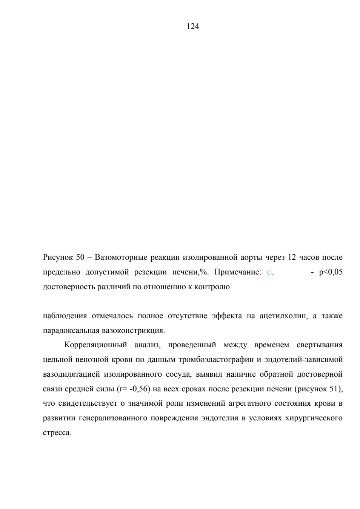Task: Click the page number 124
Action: (192, 27)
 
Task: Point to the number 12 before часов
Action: (292, 257)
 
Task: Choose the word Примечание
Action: (238, 272)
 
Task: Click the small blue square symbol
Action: (269, 273)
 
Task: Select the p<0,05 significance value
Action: (331, 272)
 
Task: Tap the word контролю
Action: (212, 287)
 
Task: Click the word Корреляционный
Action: (95, 345)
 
